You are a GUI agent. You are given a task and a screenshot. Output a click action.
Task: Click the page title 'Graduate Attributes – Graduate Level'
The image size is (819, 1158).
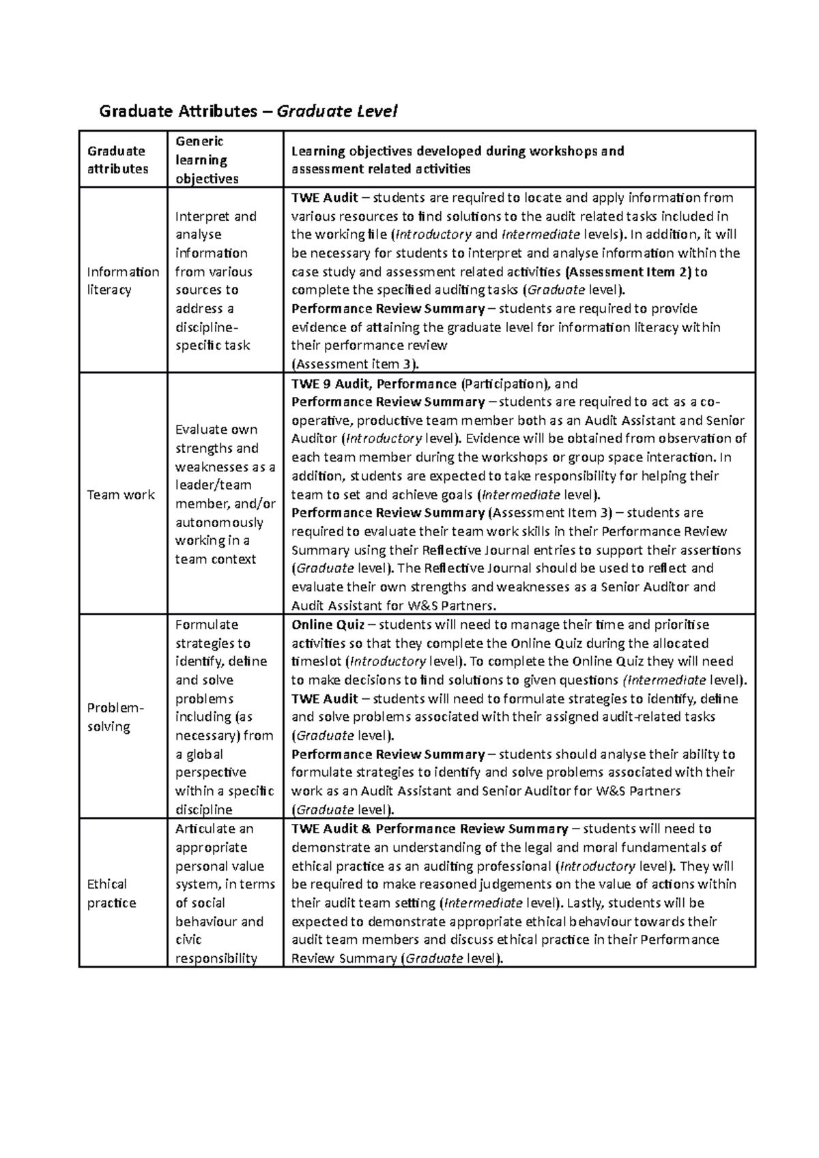pos(248,110)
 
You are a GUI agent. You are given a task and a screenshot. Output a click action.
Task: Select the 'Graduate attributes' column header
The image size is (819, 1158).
pos(117,160)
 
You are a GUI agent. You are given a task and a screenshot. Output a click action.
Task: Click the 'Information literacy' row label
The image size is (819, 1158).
pos(123,280)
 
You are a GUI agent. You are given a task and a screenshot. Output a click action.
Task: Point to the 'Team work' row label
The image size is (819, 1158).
pos(121,494)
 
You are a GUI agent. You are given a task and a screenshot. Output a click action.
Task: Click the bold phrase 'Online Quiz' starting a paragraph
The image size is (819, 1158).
pos(328,625)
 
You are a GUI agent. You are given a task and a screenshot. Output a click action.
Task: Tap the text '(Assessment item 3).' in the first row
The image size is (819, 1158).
pos(355,363)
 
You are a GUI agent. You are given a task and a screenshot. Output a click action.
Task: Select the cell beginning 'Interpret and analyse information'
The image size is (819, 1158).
pos(216,280)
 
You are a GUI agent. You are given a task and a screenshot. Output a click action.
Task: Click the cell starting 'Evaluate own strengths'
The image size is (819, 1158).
pos(225,494)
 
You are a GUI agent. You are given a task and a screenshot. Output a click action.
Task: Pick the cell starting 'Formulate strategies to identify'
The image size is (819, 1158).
pos(224,717)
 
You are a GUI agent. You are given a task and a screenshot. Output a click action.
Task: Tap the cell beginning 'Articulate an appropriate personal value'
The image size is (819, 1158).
pos(224,893)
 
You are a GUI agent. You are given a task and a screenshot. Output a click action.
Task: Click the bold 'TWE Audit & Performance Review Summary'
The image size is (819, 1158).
pos(429,829)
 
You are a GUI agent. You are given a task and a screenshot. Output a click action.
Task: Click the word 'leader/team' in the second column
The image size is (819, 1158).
pos(213,485)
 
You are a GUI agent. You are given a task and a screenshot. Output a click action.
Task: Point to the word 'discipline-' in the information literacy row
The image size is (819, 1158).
pos(207,327)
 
